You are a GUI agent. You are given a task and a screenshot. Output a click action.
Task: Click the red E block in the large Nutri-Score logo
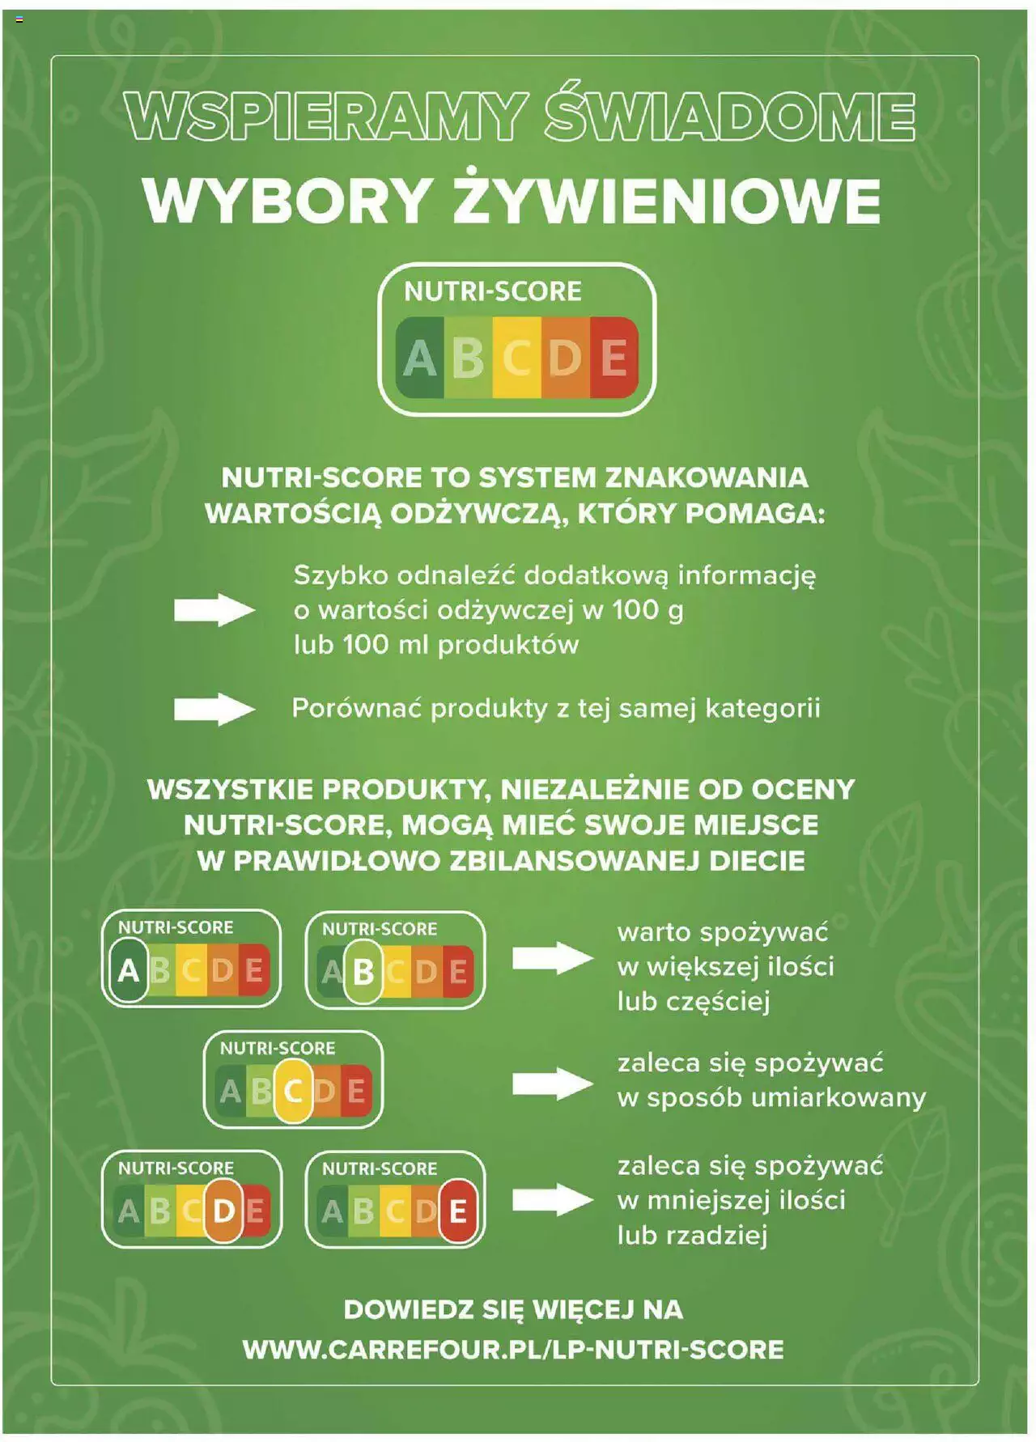tap(614, 357)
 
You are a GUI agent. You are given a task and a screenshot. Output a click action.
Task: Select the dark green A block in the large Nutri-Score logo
tap(419, 357)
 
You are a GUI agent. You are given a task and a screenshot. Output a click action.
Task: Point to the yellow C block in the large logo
tap(516, 357)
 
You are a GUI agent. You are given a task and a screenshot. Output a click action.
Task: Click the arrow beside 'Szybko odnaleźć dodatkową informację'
tap(214, 609)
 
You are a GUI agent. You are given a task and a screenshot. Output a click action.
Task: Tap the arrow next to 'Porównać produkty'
tap(214, 710)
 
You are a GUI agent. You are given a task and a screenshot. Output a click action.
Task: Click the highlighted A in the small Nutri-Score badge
tap(128, 969)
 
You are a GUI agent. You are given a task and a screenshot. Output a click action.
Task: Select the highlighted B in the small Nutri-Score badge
tap(363, 971)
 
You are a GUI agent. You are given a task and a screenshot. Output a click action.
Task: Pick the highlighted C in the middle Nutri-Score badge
tap(293, 1091)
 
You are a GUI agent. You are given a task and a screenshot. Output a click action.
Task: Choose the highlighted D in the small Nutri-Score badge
tap(223, 1211)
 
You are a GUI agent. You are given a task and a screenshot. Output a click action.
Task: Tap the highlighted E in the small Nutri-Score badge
tap(457, 1211)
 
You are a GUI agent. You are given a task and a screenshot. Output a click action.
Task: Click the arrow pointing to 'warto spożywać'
tap(554, 959)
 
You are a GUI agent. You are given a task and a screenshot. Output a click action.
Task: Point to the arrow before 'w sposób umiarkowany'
tap(554, 1084)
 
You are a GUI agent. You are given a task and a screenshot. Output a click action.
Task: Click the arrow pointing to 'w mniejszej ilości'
tap(554, 1199)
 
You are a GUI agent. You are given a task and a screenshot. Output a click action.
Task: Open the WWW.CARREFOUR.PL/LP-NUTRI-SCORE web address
tap(513, 1349)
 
